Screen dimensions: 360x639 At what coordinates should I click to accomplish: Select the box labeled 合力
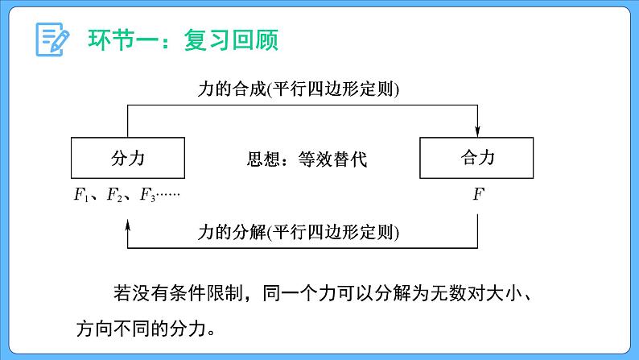[478, 158]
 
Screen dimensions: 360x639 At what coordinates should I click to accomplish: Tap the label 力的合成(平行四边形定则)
[299, 90]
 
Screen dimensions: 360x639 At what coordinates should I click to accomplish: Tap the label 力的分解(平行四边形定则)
[299, 232]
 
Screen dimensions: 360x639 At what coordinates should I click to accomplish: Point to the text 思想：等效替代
[306, 159]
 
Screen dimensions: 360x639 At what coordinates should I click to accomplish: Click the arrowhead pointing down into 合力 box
[479, 130]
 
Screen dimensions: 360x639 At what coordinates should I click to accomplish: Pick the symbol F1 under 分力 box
[78, 195]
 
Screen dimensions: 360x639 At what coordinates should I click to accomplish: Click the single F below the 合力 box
[478, 194]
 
